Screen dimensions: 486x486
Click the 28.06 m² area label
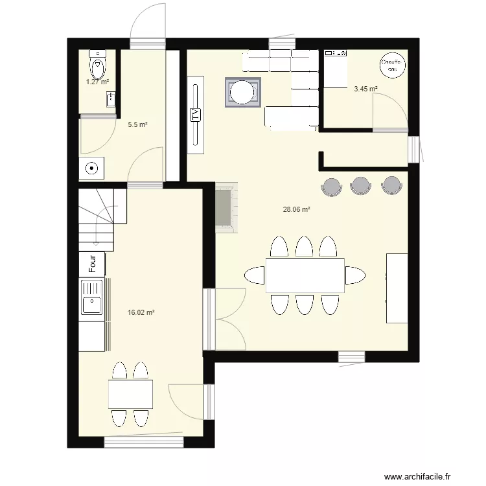point(296,209)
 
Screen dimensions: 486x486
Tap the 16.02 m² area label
point(141,312)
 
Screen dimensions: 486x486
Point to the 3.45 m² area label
point(365,89)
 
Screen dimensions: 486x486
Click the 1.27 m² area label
point(98,82)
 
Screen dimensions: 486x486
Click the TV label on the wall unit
point(194,115)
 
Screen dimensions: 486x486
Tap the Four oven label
point(93,263)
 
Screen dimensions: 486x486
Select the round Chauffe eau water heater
point(392,65)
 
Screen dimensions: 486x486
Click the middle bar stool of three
point(360,185)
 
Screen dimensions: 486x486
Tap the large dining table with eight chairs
point(305,275)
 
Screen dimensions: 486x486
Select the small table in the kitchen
point(130,394)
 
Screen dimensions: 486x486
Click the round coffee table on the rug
point(244,91)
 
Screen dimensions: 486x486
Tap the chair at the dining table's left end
point(254,275)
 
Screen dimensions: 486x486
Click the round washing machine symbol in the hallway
point(93,168)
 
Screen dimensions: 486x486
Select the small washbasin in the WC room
point(111,99)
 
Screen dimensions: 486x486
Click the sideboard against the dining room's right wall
point(397,288)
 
